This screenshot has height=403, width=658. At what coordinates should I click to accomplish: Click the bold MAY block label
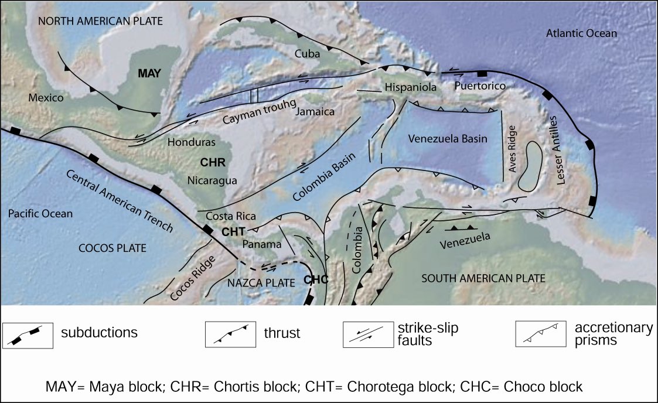pos(149,74)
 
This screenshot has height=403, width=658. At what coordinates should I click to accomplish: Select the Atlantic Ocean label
pos(581,33)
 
